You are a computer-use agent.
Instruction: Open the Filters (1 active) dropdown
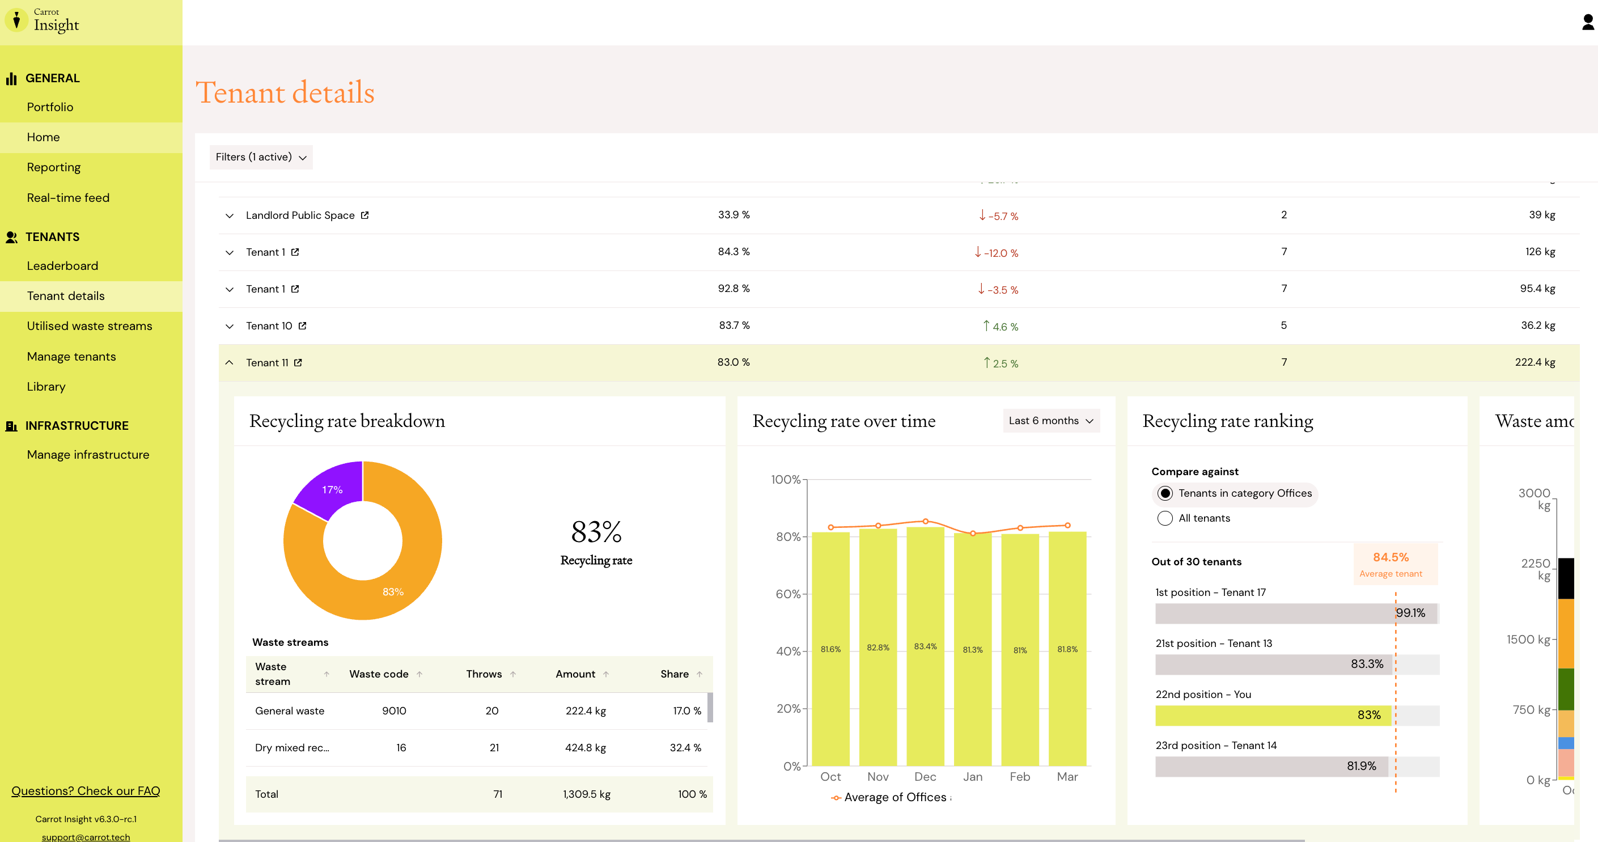(261, 157)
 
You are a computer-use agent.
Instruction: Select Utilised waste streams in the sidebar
(90, 326)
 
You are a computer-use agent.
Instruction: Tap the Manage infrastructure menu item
(88, 454)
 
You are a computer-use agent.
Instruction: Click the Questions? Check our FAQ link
(86, 790)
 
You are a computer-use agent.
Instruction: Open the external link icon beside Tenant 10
(302, 326)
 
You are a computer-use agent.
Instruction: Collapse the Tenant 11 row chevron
(230, 362)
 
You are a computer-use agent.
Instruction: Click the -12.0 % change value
(996, 252)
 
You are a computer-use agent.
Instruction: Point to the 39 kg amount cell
(1541, 215)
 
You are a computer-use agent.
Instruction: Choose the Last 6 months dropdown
(1051, 421)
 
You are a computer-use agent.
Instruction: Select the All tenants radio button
(1165, 518)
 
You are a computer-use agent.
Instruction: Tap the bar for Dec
(925, 646)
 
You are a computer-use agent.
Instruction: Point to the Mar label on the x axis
(1067, 776)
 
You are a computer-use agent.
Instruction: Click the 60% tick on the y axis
(788, 594)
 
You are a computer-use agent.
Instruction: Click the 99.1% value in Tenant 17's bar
(1410, 613)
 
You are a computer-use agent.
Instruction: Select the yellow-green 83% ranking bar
(1273, 716)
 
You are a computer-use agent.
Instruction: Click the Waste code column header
(379, 674)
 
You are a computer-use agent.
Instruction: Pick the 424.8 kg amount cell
(585, 748)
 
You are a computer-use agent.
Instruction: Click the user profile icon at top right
(1587, 22)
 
